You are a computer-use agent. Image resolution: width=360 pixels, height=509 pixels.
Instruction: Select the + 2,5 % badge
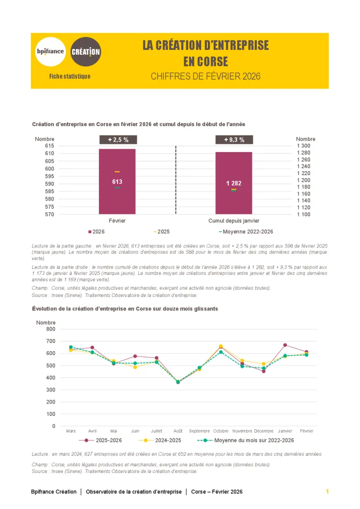pos(118,140)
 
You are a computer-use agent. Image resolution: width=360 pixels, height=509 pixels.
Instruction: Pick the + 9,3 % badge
pos(234,140)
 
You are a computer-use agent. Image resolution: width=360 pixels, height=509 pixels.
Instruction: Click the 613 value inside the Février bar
pos(117,182)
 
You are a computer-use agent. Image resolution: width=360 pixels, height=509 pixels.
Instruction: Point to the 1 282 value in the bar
pos(234,183)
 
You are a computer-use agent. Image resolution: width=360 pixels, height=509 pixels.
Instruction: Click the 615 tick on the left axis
pos(49,146)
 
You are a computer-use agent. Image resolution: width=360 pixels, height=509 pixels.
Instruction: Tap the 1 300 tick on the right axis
pos(303,146)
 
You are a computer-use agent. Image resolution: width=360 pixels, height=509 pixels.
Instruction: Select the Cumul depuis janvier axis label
pos(234,221)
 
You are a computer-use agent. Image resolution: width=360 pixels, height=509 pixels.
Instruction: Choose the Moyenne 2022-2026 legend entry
pos(246,232)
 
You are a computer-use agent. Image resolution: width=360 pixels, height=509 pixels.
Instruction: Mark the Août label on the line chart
pos(178,431)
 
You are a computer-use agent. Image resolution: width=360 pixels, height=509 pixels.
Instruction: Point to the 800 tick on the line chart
pos(51,329)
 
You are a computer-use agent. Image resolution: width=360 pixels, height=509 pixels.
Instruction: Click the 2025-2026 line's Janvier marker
pos(285,345)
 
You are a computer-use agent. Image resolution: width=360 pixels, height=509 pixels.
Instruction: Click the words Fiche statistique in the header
pos(70,76)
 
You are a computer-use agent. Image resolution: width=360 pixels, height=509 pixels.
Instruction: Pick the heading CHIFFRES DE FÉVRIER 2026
pos(205,76)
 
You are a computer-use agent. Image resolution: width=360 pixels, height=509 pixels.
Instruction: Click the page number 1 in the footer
pos(327,492)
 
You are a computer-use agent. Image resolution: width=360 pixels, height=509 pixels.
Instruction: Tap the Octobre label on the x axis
pos(221,431)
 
